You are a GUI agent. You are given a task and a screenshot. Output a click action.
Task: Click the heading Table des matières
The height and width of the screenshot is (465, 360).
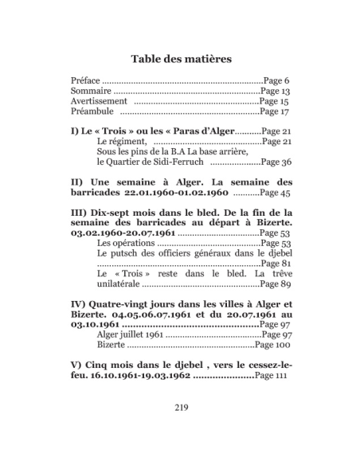(x=181, y=58)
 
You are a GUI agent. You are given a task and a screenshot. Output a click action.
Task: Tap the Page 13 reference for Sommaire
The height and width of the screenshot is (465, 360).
(x=277, y=92)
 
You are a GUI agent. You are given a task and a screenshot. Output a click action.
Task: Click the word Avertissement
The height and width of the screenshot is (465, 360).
(x=100, y=103)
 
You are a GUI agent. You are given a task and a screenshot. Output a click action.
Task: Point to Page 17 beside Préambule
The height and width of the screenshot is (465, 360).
(x=276, y=114)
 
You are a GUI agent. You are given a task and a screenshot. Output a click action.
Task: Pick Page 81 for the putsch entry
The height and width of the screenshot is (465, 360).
(x=276, y=263)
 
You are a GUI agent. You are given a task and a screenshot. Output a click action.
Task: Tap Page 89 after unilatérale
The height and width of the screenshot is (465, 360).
(x=276, y=283)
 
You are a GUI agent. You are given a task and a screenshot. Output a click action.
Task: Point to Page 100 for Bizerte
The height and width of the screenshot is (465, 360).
(x=269, y=346)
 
